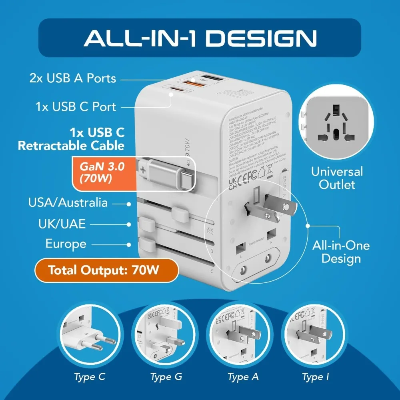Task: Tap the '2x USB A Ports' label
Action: coord(73,78)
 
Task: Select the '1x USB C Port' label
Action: coord(76,107)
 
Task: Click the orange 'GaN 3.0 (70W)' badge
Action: coord(98,172)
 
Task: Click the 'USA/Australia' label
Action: coord(68,202)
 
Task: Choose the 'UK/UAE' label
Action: coord(62,224)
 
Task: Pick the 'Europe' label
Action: coord(66,244)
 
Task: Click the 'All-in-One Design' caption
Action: coord(341,252)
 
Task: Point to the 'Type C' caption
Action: coord(90,377)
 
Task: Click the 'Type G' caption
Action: coord(166,377)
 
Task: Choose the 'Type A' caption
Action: coord(243,377)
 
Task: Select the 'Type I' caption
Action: coord(316,377)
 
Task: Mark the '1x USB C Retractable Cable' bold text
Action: coord(71,138)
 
